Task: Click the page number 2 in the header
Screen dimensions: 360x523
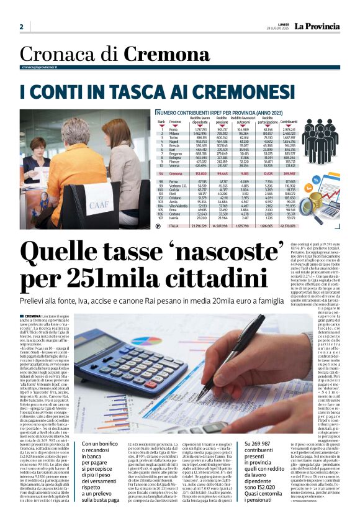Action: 21,27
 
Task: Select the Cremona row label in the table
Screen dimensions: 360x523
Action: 176,175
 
